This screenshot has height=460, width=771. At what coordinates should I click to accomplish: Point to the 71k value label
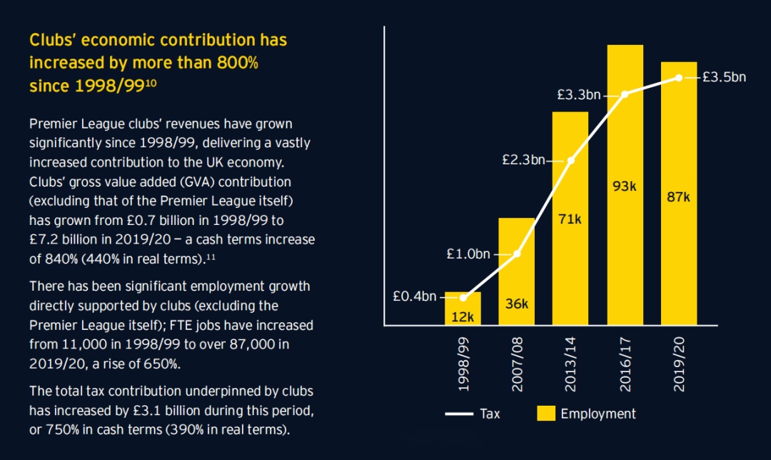[x=570, y=219]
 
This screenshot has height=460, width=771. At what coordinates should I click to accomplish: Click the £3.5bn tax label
[x=724, y=77]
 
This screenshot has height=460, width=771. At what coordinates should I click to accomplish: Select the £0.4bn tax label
[x=414, y=296]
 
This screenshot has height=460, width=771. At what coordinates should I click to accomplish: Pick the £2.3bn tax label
[x=523, y=160]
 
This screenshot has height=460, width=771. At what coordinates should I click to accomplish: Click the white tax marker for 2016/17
[x=625, y=94]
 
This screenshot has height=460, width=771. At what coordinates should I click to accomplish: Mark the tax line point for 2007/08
[x=517, y=254]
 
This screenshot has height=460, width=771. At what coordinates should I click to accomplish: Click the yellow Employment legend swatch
[x=546, y=414]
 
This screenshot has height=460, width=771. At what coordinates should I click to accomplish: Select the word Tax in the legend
[x=490, y=414]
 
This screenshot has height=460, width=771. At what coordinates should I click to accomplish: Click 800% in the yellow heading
[x=236, y=63]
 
